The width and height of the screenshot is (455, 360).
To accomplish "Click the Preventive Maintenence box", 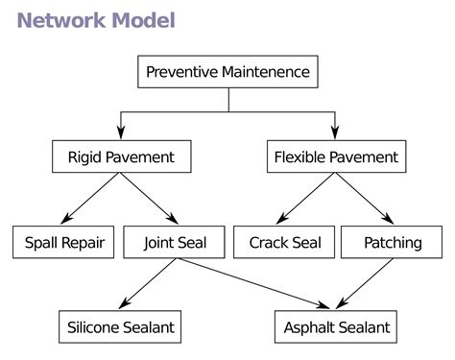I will coord(227,72).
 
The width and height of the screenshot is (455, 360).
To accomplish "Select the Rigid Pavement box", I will coord(121,156).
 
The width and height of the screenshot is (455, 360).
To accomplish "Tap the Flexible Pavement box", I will coord(335,156).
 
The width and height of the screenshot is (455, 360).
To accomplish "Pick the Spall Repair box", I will coord(63,242).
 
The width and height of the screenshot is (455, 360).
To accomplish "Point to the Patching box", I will coord(392,242).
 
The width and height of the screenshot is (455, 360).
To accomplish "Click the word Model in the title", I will coord(141,20).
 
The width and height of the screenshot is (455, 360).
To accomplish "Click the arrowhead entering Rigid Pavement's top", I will coord(121,132).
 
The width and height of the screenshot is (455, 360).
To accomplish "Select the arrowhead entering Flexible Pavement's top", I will coord(335,132).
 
